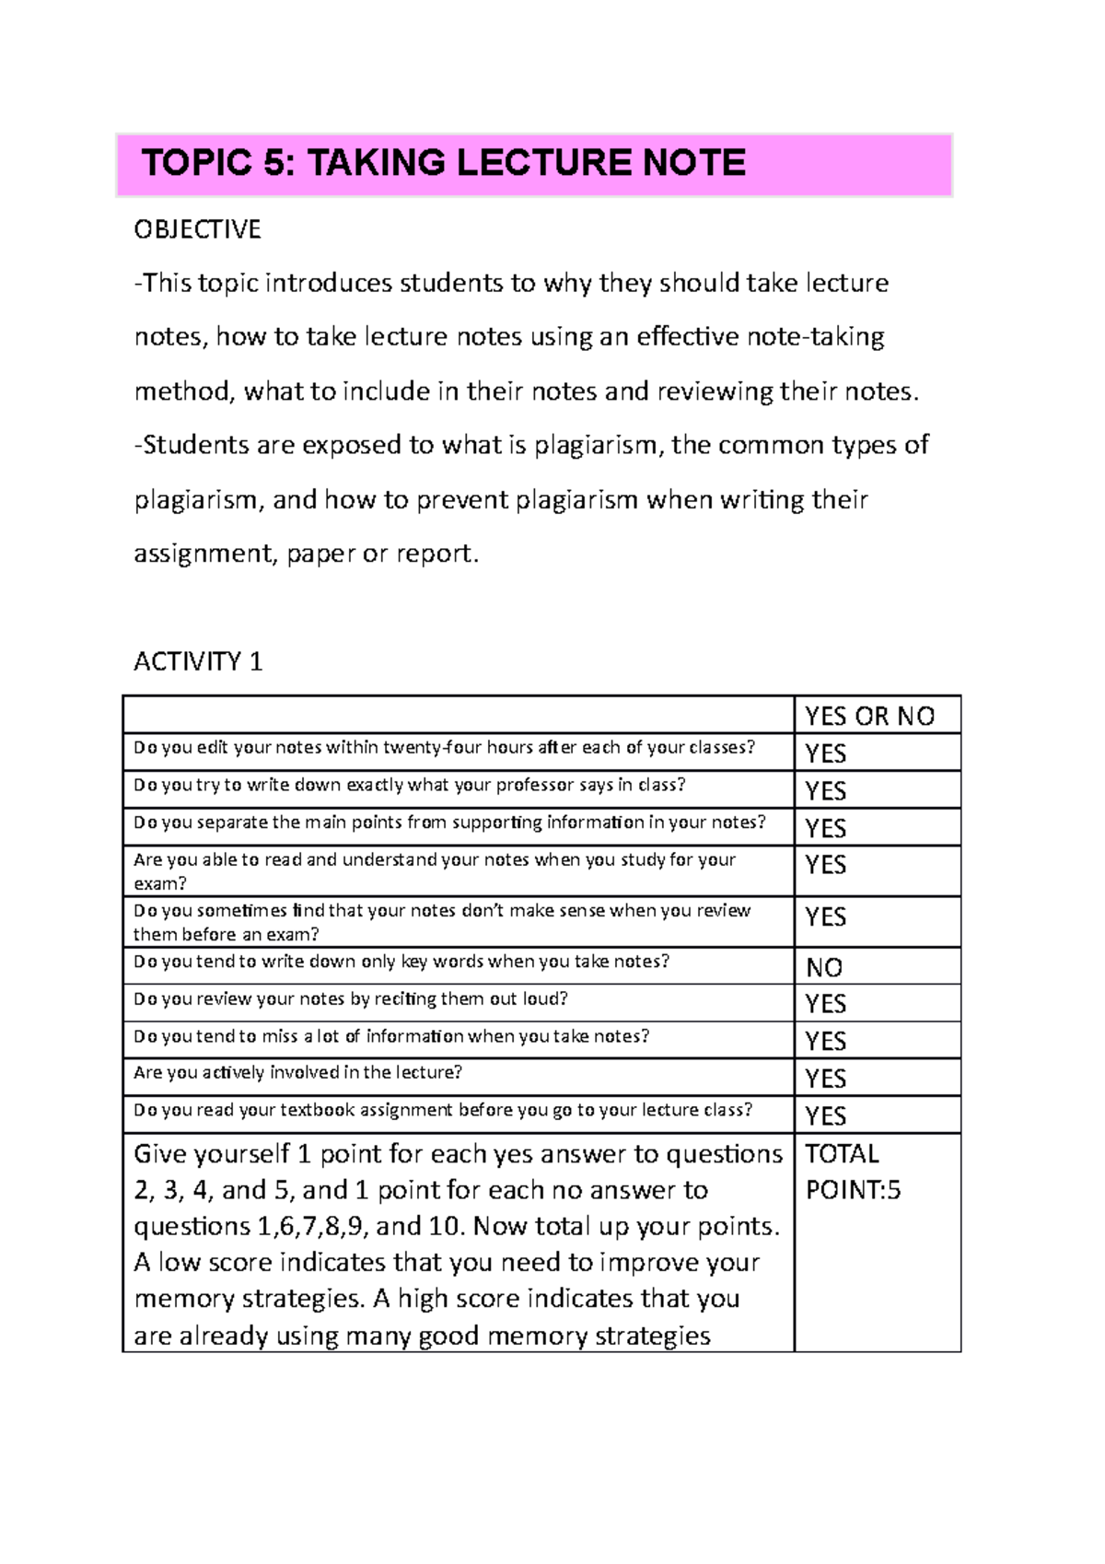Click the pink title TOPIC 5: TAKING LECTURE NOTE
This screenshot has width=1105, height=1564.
443,163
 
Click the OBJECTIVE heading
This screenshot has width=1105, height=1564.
197,229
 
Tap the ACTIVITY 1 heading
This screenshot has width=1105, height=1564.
198,661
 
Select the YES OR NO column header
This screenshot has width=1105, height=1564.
869,716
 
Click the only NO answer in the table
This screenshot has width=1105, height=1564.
824,967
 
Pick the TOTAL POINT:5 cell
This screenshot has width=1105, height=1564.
853,1172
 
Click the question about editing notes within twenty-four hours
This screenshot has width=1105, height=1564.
444,748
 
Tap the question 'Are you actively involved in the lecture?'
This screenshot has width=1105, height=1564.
297,1072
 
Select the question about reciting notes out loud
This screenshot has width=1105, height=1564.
350,998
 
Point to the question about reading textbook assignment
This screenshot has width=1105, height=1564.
443,1110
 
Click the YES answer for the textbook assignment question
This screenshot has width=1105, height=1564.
825,1115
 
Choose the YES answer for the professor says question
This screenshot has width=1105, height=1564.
825,790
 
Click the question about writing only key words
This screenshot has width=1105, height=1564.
401,962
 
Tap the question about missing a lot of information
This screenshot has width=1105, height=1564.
391,1036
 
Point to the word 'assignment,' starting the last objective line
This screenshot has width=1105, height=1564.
204,554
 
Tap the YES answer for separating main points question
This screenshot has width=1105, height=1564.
825,828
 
